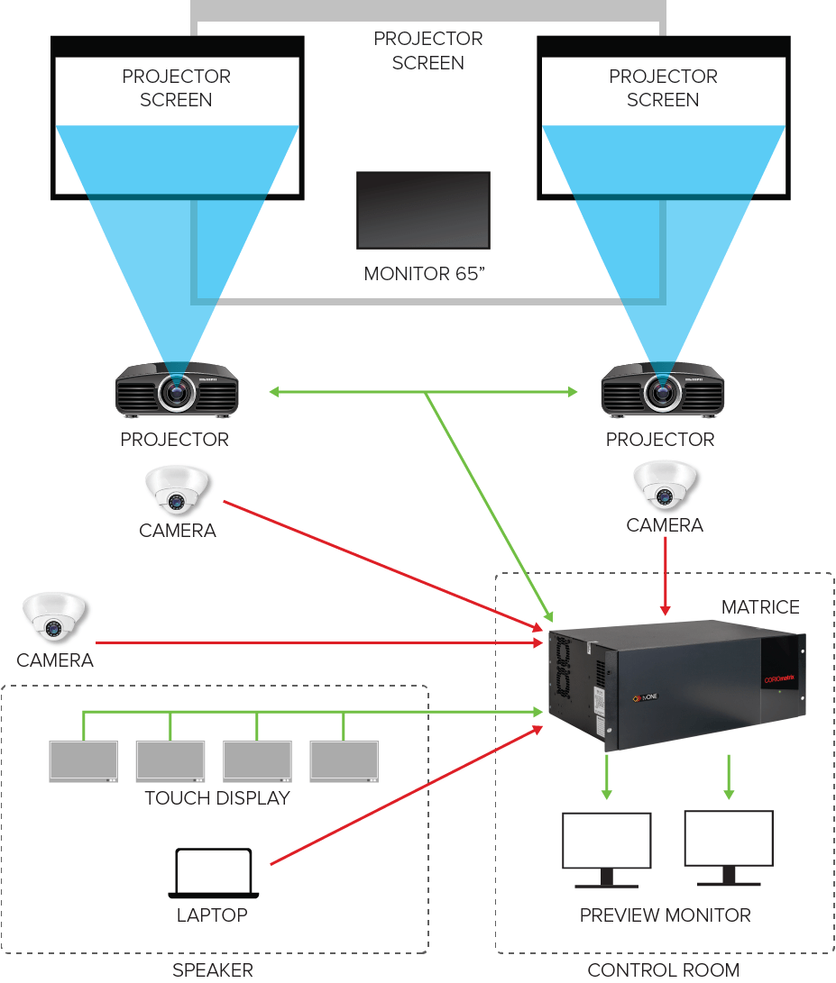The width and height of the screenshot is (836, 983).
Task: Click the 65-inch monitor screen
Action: (423, 210)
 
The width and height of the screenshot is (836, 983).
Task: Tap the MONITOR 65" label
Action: (424, 273)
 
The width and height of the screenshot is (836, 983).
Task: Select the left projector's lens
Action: (176, 391)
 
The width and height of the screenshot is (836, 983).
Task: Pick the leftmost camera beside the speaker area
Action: (54, 617)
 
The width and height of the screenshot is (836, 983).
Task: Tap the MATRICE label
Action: (760, 607)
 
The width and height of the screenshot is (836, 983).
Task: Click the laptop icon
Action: (214, 872)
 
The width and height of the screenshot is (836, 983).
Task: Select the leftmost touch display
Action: (84, 761)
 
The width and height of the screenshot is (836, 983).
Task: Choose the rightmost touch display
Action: (345, 761)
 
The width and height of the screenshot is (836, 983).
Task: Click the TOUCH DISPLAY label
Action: (217, 798)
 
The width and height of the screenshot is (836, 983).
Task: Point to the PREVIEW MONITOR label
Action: (665, 915)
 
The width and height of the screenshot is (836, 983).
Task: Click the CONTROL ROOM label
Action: (663, 970)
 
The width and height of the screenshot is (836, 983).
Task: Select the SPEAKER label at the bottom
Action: (213, 970)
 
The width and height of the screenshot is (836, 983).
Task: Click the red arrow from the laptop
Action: (406, 796)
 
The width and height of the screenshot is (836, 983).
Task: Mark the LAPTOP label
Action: (212, 915)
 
